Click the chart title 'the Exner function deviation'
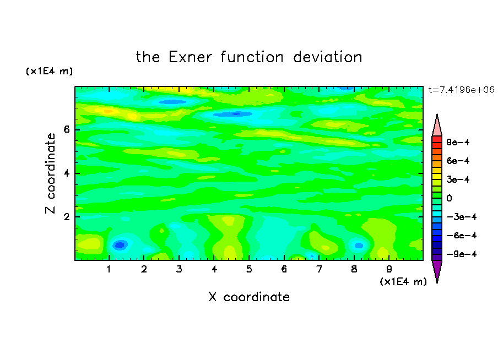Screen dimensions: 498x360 [249, 57]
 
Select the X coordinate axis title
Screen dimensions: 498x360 [249, 297]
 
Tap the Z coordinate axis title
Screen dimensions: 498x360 [50, 173]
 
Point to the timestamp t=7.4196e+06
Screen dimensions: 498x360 [461, 90]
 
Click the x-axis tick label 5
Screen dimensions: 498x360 [249, 270]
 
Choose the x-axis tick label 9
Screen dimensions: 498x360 [389, 270]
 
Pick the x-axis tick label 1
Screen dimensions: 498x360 [109, 270]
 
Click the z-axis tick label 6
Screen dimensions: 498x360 [66, 129]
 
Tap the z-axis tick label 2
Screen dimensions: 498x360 [66, 217]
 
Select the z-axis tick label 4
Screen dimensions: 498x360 [66, 173]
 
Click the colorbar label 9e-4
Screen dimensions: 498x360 [458, 142]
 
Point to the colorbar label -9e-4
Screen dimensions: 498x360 [462, 254]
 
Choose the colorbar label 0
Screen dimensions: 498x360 [449, 198]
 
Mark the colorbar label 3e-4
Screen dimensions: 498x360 [458, 179]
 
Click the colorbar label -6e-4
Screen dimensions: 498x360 [462, 235]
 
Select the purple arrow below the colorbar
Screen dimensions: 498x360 [437, 270]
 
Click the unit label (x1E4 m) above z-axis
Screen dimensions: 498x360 [49, 71]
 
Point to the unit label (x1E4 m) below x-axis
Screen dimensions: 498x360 [403, 282]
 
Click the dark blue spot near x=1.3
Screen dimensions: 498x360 [120, 245]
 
